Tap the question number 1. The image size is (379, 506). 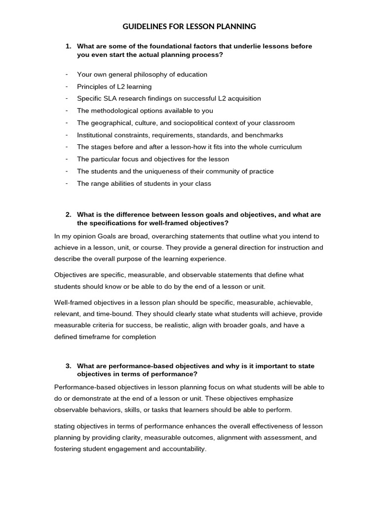pyautogui.click(x=68, y=46)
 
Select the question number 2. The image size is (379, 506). pyautogui.click(x=68, y=214)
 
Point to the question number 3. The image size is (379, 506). pyautogui.click(x=68, y=366)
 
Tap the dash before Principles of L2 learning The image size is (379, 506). pyautogui.click(x=66, y=86)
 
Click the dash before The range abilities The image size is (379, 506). pyautogui.click(x=66, y=183)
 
